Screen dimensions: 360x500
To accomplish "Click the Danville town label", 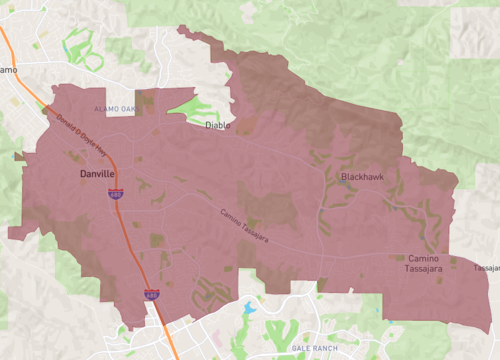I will click(98, 174).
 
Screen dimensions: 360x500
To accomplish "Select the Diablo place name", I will click(217, 126).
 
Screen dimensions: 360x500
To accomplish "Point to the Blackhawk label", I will click(360, 177).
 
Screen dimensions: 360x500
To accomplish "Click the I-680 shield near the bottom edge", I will click(150, 294).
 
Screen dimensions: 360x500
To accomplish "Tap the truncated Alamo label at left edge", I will click(7, 69).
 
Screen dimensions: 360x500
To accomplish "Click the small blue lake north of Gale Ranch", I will click(248, 308).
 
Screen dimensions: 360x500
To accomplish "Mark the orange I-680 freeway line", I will click(135, 249).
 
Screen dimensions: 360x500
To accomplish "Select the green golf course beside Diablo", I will click(195, 108).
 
